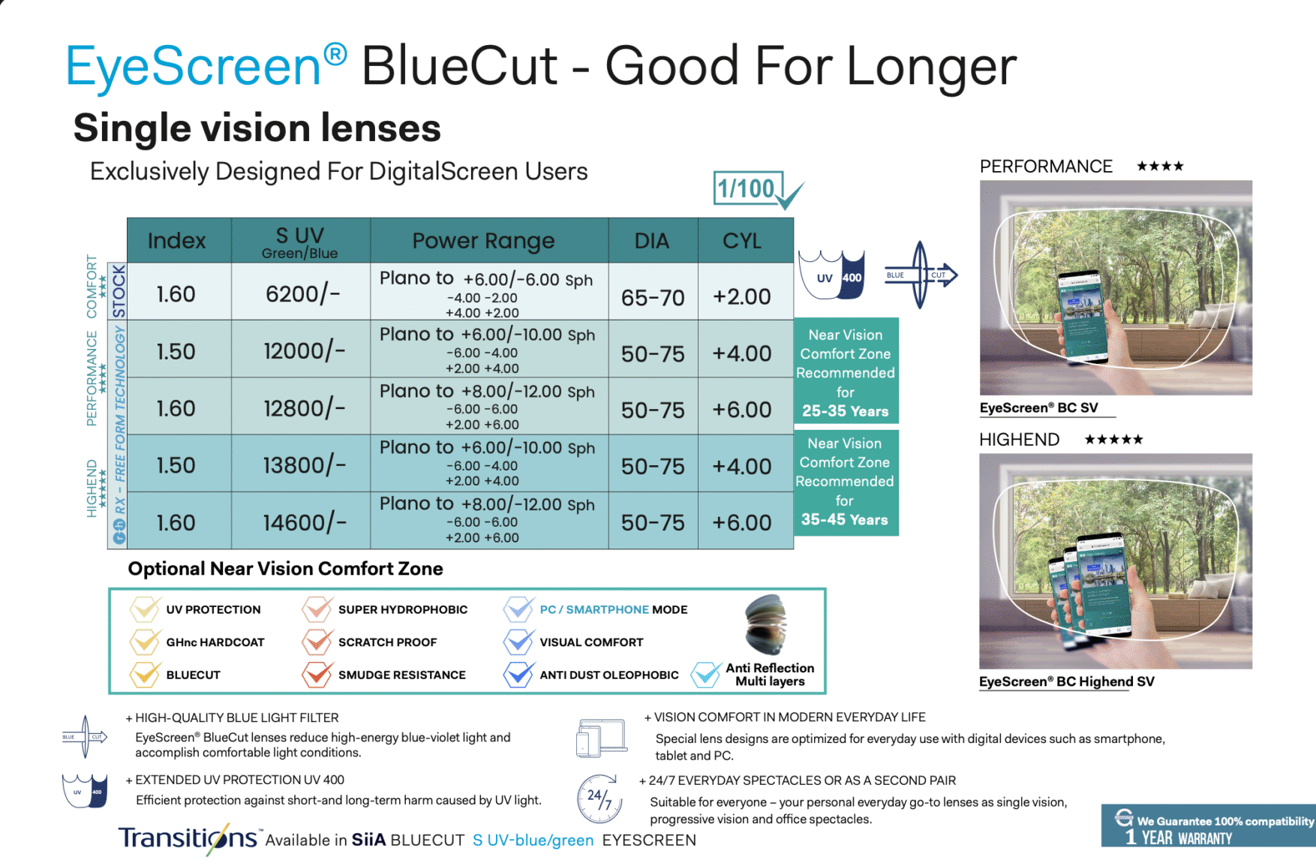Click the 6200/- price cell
[x=302, y=293]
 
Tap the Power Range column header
[x=483, y=241]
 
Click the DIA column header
[x=651, y=241]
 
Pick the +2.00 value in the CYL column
[x=742, y=296]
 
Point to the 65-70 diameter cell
[x=653, y=298]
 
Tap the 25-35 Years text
[x=845, y=411]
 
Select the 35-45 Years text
[x=844, y=519]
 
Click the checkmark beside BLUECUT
[x=145, y=674]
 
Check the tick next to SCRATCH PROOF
[x=317, y=641]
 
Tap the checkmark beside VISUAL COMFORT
[x=518, y=641]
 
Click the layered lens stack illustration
[x=765, y=624]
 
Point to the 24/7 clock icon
[x=599, y=798]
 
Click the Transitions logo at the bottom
[x=188, y=838]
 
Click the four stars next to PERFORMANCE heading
[x=1160, y=166]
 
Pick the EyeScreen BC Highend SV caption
[x=1066, y=681]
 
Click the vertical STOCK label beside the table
[x=119, y=290]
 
